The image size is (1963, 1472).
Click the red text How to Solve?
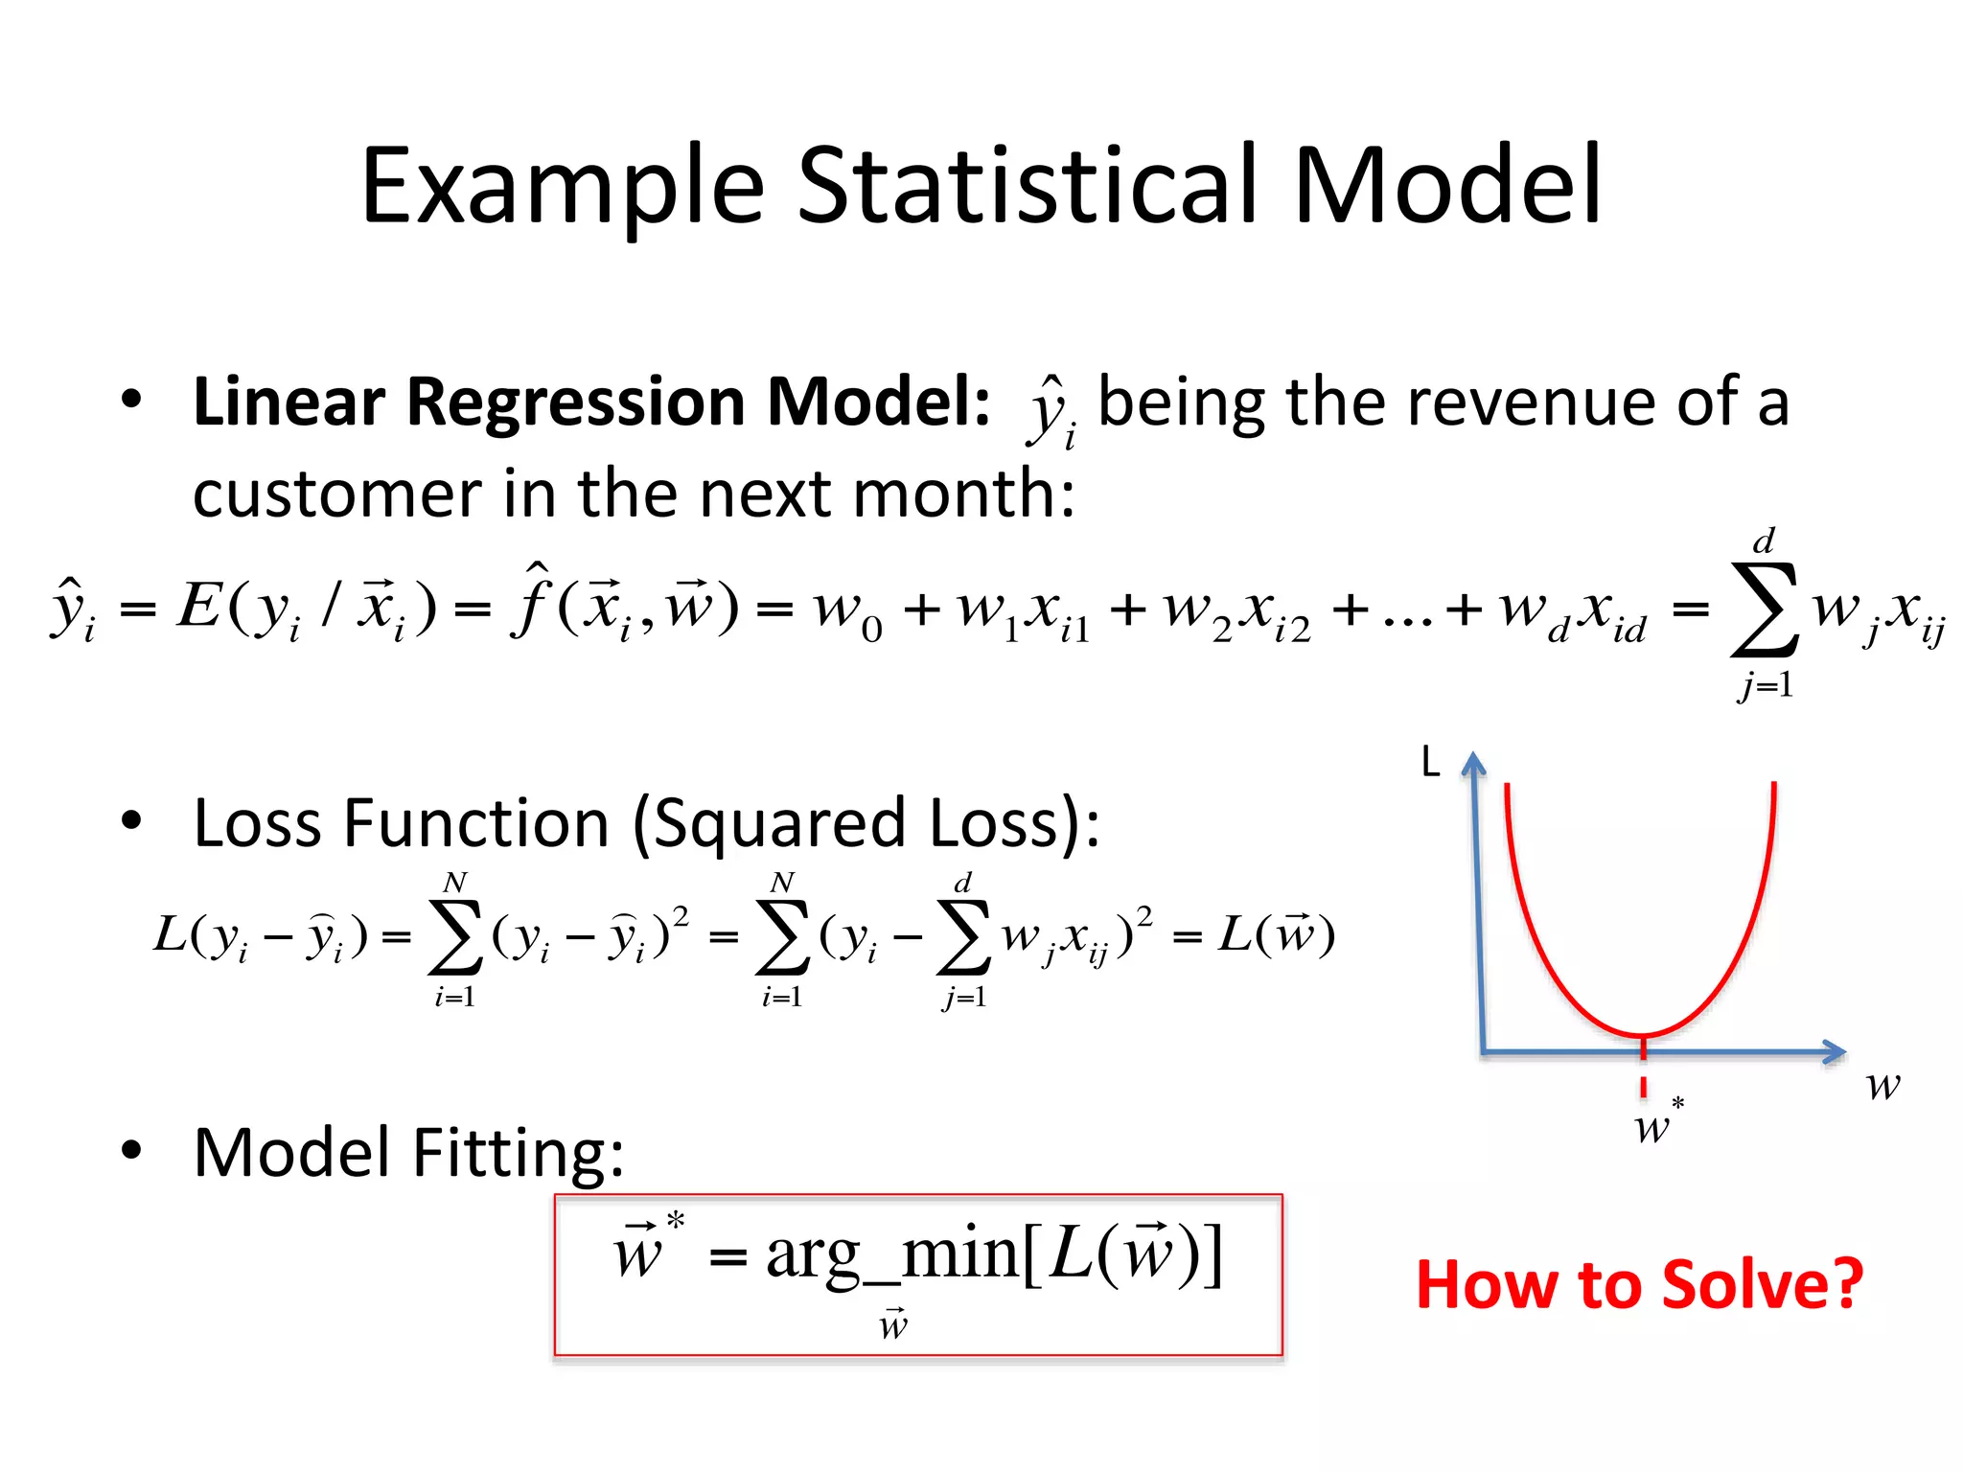(1639, 1284)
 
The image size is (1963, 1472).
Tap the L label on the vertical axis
(1430, 763)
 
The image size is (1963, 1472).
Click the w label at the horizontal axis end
(1882, 1086)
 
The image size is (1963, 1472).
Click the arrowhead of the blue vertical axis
(1473, 764)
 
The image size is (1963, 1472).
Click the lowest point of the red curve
(1643, 1036)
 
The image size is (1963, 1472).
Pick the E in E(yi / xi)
(199, 607)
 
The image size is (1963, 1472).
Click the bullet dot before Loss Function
(131, 821)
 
